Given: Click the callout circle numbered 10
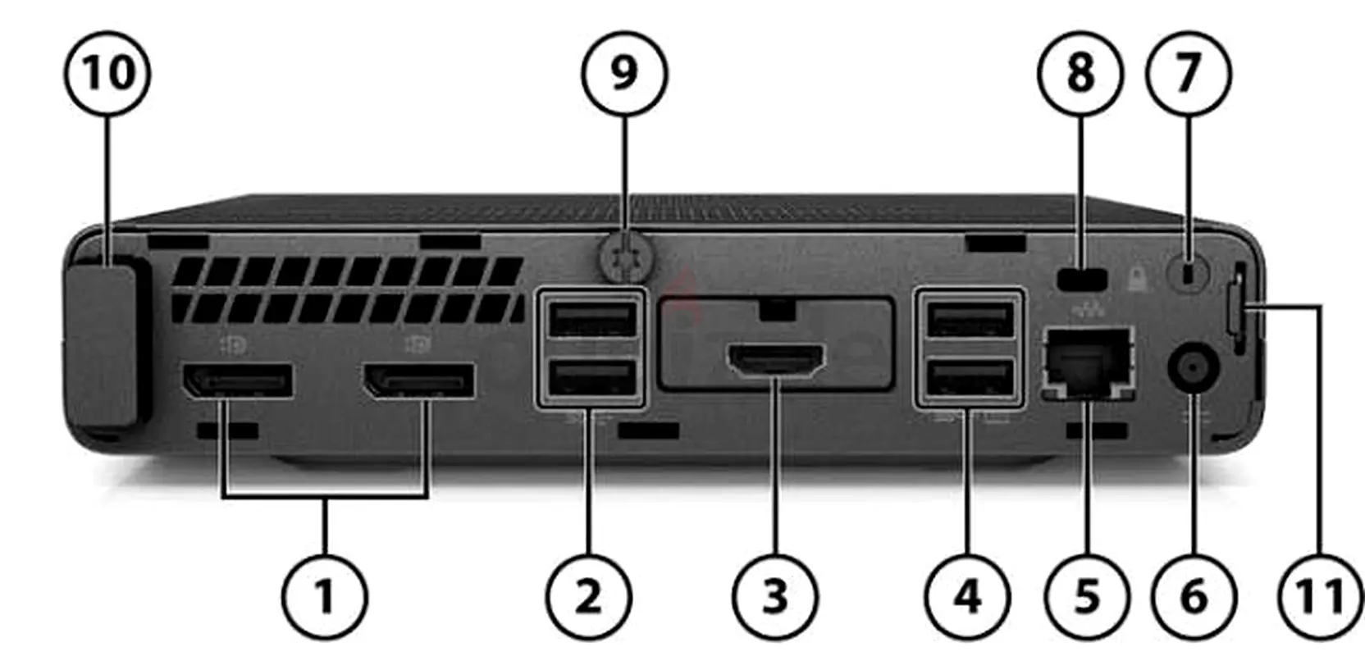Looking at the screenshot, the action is (107, 73).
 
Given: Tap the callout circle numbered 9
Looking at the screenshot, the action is (624, 73).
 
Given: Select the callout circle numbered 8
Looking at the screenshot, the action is (1080, 74).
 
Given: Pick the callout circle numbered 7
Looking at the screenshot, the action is (1188, 74).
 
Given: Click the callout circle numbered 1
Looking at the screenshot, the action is (325, 596).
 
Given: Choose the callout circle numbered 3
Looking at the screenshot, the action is (774, 596).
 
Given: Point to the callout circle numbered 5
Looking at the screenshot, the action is (1087, 596).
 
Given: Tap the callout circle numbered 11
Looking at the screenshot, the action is (1320, 596).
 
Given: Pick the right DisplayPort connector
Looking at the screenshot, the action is (418, 381).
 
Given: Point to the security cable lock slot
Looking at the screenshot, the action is (1082, 279).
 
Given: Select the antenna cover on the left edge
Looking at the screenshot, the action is (101, 344).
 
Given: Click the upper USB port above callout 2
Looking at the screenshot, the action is (591, 318).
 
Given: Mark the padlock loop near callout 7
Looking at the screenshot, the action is (1189, 274).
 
